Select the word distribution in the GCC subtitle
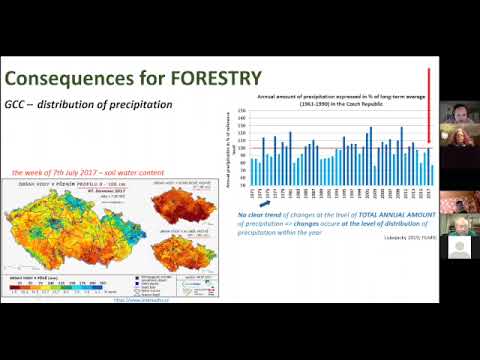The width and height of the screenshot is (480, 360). click(100, 104)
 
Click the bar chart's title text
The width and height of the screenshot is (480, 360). click(336, 98)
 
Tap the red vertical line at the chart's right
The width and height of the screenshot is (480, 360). click(429, 105)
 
